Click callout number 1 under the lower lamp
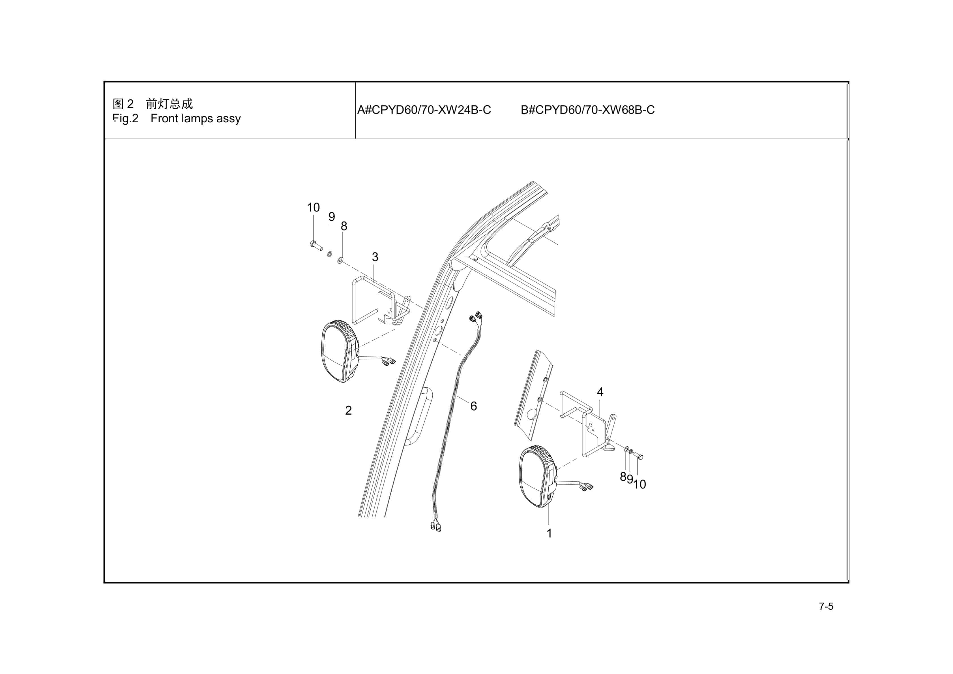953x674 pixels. [549, 533]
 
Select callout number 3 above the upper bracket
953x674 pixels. [375, 257]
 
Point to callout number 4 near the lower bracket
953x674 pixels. [600, 392]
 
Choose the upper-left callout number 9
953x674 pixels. [331, 216]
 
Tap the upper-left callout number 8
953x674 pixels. [344, 226]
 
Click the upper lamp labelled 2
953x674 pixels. [338, 351]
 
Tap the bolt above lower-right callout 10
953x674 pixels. [639, 456]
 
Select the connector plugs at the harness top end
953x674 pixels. [475, 317]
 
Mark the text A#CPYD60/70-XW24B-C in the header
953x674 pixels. [424, 110]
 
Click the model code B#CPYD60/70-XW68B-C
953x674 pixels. [587, 110]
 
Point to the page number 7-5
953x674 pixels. [826, 606]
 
